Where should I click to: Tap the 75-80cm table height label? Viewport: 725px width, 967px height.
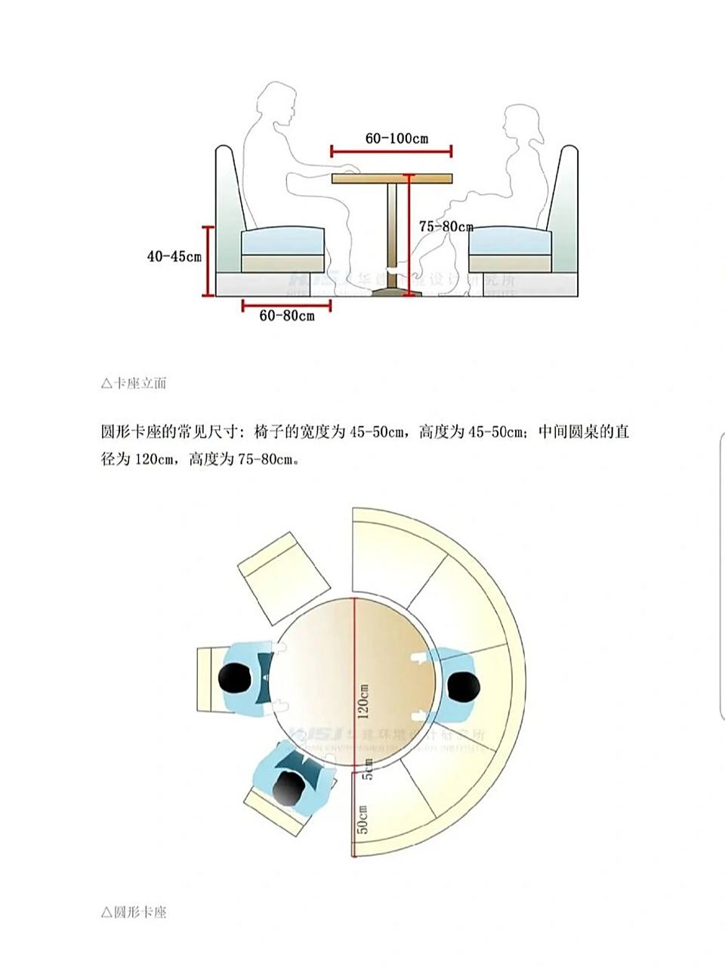tap(446, 227)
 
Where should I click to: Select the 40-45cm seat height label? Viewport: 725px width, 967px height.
tap(174, 257)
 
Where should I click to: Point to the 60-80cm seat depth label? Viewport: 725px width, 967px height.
tap(287, 316)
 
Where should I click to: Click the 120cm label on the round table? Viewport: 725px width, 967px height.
tap(365, 701)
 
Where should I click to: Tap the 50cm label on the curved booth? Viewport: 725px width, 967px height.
tap(363, 820)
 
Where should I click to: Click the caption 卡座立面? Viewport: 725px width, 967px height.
tap(134, 383)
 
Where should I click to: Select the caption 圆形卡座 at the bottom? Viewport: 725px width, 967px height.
tap(134, 912)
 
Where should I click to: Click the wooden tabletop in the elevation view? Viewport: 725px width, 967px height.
tap(392, 178)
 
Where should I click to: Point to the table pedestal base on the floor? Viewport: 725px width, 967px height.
tap(392, 290)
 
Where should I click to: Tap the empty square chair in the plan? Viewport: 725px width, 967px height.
tap(284, 578)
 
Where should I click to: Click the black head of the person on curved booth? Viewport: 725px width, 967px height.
tap(463, 687)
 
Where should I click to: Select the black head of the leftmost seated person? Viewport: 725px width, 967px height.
tap(234, 676)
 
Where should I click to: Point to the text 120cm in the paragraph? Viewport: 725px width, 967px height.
tap(156, 459)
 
